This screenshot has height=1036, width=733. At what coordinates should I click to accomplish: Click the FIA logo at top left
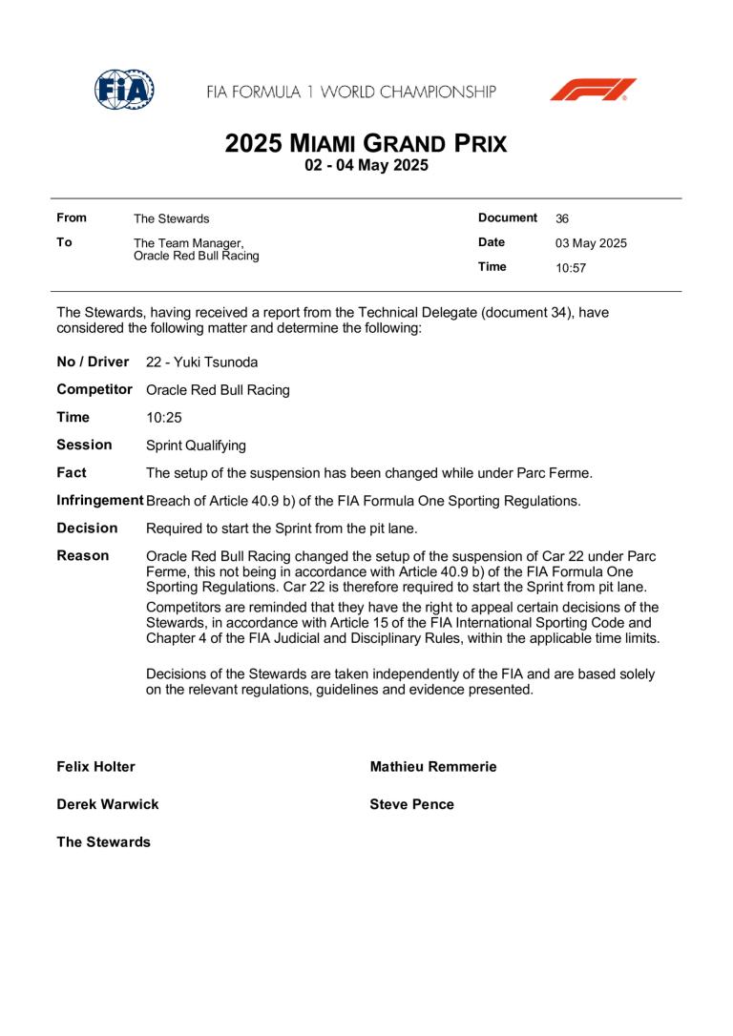(x=125, y=90)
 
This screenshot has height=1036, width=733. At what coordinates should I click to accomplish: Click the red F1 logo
(x=592, y=91)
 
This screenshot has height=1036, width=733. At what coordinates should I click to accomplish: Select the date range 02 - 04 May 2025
(x=366, y=166)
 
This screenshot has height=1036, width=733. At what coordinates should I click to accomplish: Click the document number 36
(x=562, y=218)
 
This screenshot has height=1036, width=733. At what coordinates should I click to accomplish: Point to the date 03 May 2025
(x=591, y=243)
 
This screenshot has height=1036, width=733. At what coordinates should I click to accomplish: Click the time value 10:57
(x=571, y=268)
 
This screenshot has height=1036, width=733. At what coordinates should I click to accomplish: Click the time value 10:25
(x=165, y=418)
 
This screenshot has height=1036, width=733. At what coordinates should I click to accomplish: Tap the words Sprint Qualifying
(x=196, y=445)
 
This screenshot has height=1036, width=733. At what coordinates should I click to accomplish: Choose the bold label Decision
(x=88, y=528)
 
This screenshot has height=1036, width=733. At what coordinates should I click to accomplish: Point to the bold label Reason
(x=83, y=555)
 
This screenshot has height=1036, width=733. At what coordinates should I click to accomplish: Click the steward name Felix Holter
(x=96, y=767)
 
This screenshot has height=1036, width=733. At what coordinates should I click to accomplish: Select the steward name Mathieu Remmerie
(x=433, y=767)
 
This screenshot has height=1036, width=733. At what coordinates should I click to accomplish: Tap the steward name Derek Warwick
(x=108, y=804)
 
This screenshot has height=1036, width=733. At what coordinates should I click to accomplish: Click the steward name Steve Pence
(x=411, y=804)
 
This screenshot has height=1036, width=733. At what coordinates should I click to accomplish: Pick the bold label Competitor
(x=94, y=389)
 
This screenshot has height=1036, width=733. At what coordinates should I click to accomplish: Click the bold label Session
(x=84, y=445)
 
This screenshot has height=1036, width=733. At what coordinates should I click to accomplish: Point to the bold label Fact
(x=72, y=472)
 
